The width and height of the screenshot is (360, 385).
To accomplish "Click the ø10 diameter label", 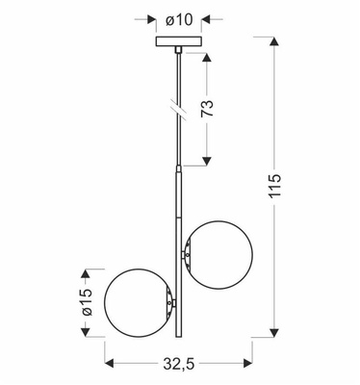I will coord(180,17).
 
